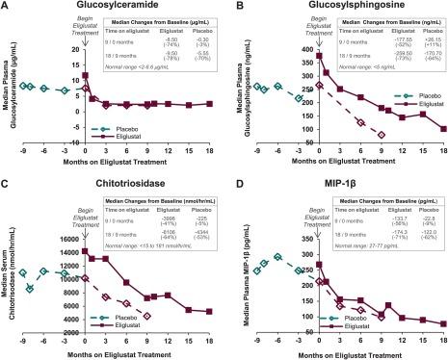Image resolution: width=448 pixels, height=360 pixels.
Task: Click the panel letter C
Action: click(x=7, y=186)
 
